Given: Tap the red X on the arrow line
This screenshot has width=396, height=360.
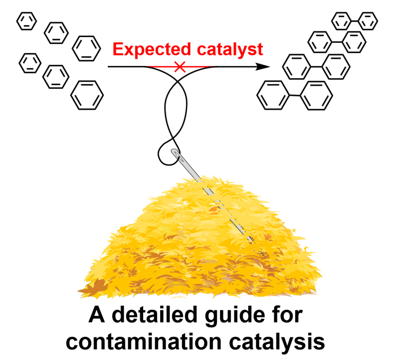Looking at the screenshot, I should [180, 66].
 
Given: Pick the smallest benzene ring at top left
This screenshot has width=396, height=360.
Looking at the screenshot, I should [26, 22].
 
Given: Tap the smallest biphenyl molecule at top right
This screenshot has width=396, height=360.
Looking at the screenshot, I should [355, 21].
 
